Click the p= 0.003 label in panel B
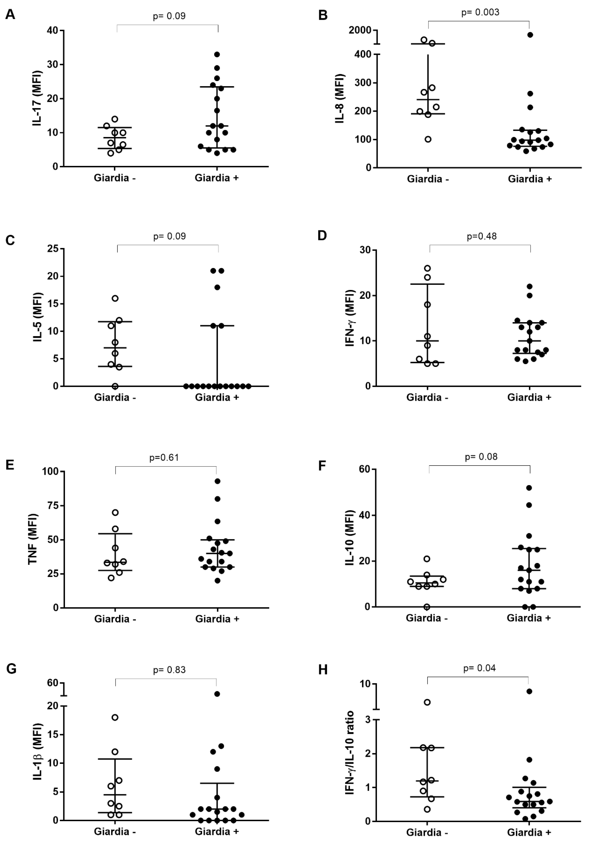tap(480, 13)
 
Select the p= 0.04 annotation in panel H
tap(479, 668)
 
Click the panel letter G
tap(11, 669)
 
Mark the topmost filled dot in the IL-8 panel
tap(530, 35)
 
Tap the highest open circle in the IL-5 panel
tap(115, 298)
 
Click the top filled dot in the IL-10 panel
tap(529, 488)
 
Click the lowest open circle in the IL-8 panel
tap(428, 139)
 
